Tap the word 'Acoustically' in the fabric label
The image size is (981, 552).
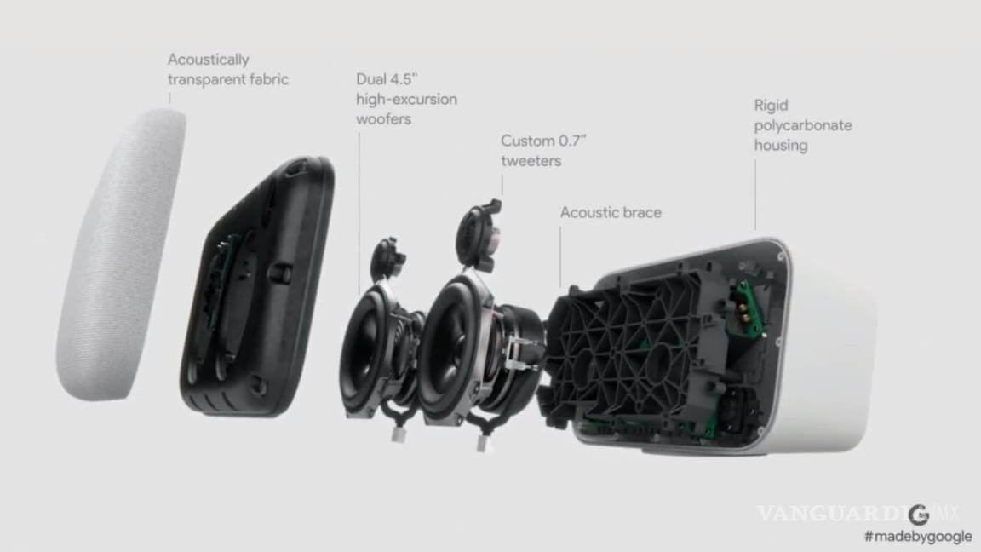click(x=209, y=60)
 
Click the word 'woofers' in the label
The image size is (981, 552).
click(x=383, y=119)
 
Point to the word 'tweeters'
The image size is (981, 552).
click(x=531, y=160)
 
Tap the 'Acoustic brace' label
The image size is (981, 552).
click(x=611, y=212)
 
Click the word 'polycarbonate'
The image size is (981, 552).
click(x=802, y=125)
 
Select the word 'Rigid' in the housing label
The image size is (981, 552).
click(x=771, y=106)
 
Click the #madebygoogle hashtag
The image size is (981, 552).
click(x=917, y=537)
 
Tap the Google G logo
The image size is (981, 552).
click(x=917, y=514)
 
